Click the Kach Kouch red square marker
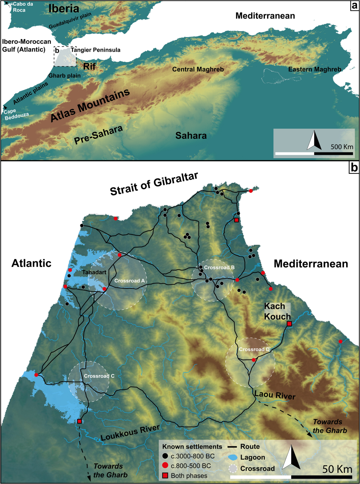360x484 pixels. click(289, 324)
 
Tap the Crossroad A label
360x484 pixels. click(129, 281)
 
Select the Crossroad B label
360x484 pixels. click(219, 268)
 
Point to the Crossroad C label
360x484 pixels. click(99, 376)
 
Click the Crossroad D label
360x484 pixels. click(254, 349)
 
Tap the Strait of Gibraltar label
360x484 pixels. click(154, 184)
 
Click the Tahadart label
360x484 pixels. click(94, 272)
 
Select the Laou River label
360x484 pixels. click(275, 395)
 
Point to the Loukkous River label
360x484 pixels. click(130, 433)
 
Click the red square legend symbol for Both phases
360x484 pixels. click(165, 476)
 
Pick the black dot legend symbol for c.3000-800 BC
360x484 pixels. click(165, 456)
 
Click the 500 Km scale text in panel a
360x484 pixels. click(342, 147)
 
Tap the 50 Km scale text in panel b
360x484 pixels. click(337, 469)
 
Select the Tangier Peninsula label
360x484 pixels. click(95, 50)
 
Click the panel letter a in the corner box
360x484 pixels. click(355, 5)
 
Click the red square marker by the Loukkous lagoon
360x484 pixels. click(79, 421)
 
